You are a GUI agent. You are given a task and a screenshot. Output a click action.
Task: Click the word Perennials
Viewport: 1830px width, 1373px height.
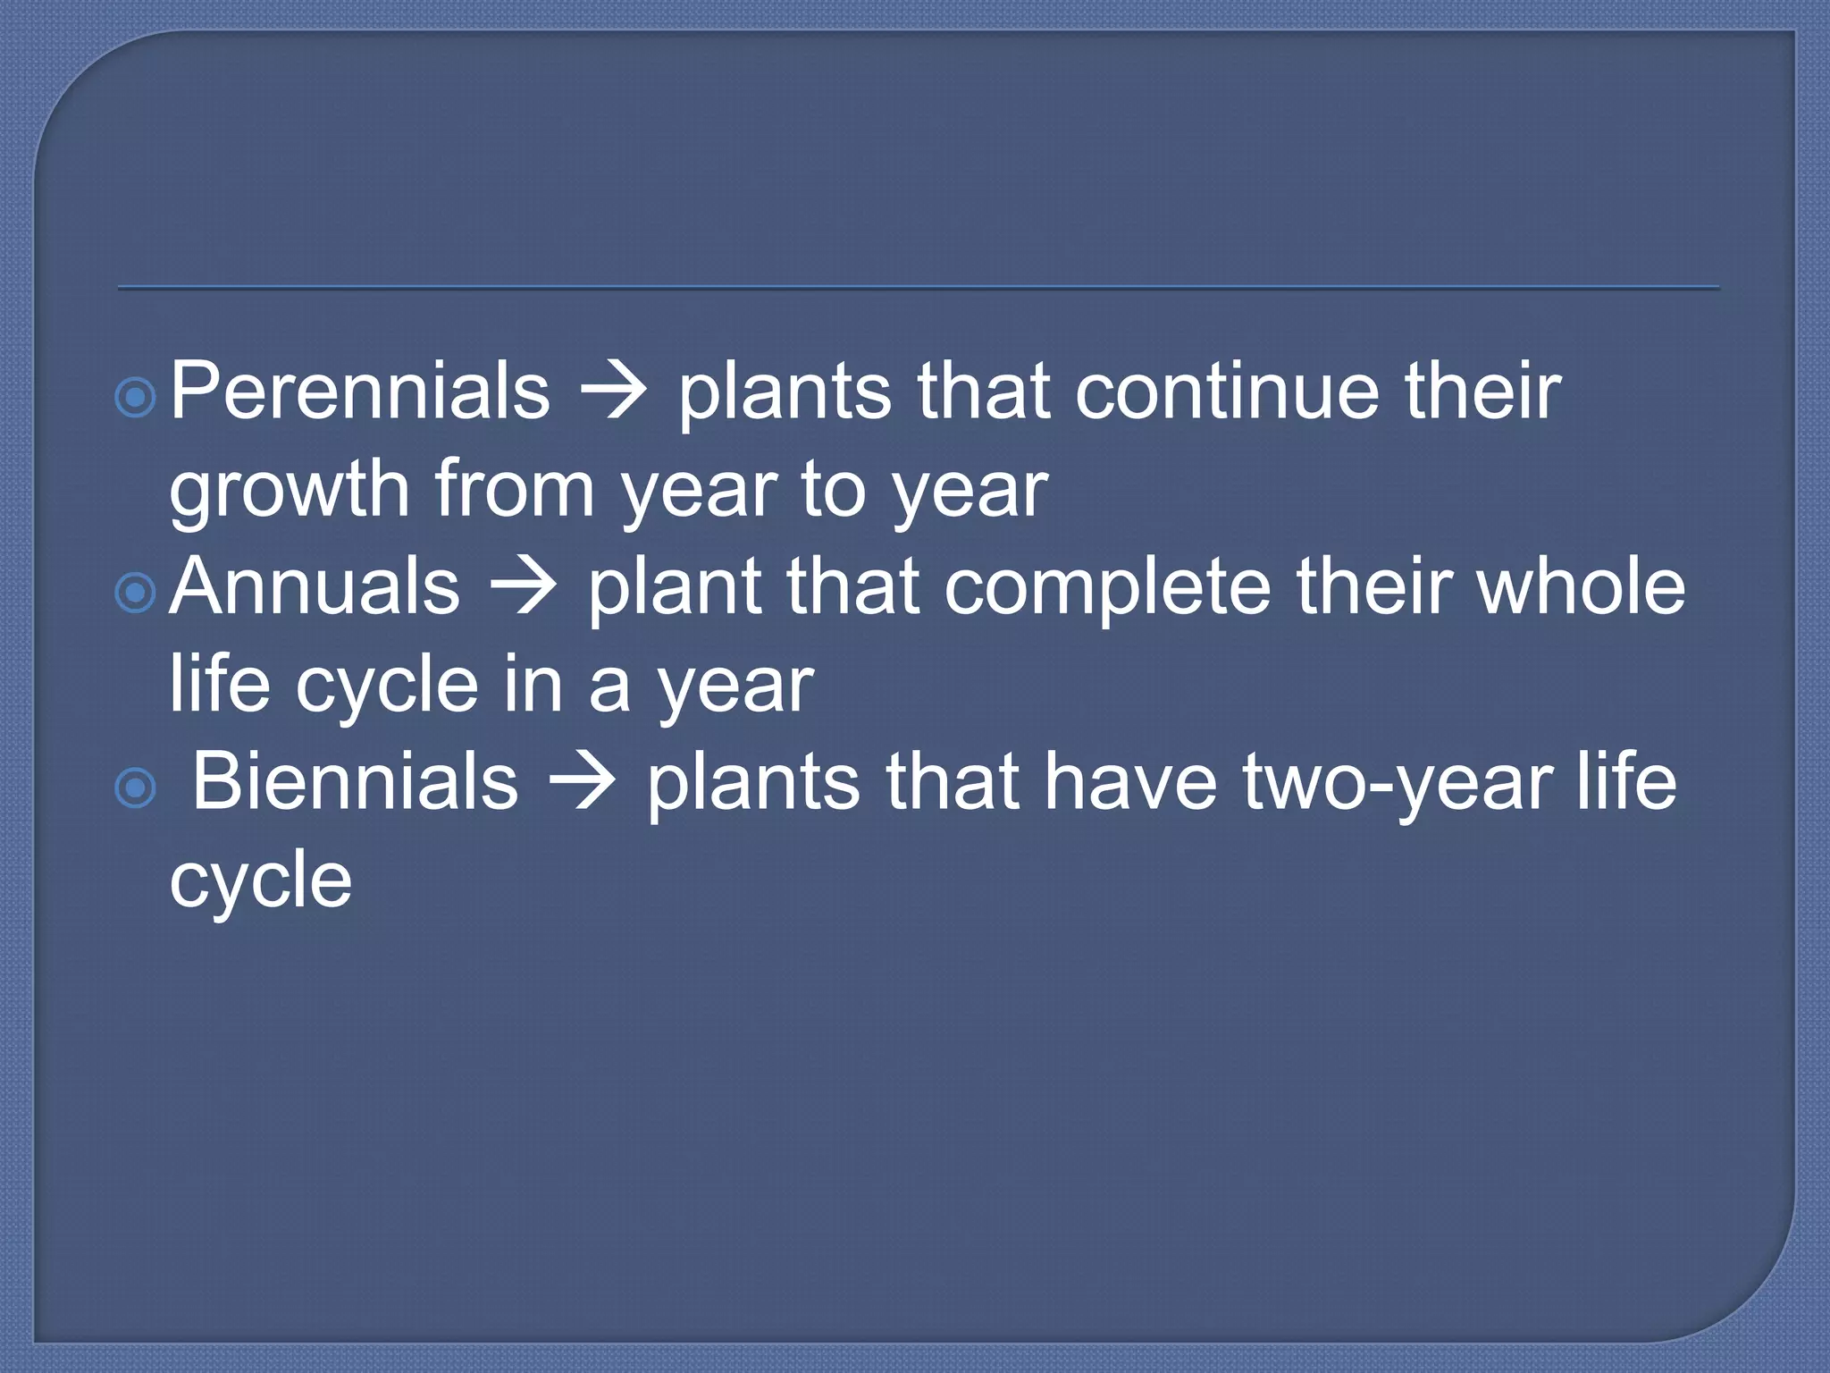(x=359, y=391)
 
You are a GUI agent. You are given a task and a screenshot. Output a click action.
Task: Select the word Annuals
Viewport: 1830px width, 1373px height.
(x=315, y=586)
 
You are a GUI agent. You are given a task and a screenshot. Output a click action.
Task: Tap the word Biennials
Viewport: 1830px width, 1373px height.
(x=355, y=781)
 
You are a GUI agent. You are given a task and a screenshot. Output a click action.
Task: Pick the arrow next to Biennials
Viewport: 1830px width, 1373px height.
(x=582, y=784)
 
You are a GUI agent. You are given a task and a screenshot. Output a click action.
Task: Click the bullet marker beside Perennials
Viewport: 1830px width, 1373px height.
(x=137, y=398)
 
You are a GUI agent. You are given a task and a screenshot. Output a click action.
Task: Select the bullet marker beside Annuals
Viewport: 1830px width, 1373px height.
(x=137, y=593)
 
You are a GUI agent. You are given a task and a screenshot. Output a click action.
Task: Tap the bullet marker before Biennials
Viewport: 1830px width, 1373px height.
(x=137, y=788)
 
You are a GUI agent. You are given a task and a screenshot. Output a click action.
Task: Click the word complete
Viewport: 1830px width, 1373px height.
(x=1107, y=588)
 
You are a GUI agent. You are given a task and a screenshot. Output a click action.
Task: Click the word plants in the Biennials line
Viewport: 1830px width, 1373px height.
(x=752, y=784)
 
